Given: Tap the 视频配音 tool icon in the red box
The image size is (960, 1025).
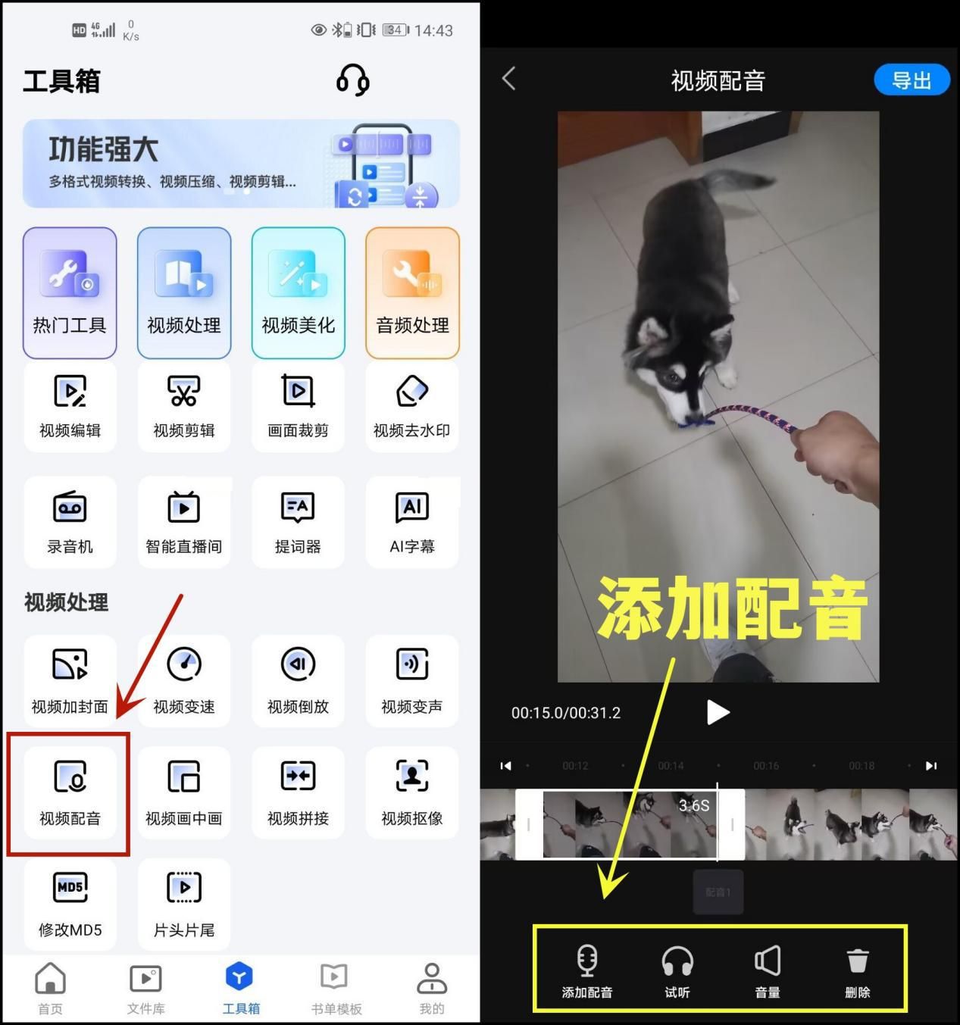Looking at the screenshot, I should [x=70, y=777].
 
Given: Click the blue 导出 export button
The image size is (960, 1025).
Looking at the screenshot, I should [x=912, y=80].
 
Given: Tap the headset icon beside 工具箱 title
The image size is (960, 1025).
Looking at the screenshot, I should [x=352, y=80].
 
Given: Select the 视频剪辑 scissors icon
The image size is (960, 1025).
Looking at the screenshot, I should [x=183, y=391].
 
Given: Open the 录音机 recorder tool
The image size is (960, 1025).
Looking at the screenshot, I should [x=70, y=508].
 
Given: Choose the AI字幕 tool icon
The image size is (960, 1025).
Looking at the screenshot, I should [x=411, y=508].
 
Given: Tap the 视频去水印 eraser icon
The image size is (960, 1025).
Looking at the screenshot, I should [x=411, y=391].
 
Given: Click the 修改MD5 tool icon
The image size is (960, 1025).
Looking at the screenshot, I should [x=70, y=888].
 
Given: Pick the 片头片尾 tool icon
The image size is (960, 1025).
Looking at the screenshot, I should [x=183, y=888].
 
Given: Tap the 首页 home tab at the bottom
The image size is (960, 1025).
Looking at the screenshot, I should [x=50, y=979].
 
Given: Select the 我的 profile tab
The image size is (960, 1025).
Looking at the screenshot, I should [x=431, y=979].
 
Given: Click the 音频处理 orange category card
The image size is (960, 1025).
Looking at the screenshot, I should [x=412, y=292].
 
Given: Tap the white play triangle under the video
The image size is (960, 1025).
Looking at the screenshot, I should [x=717, y=712].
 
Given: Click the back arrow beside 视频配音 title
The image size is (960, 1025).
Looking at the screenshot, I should [x=509, y=78].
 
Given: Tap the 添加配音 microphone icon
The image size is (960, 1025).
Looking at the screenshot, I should [x=587, y=961].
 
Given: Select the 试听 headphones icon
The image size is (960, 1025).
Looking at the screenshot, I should [x=677, y=961].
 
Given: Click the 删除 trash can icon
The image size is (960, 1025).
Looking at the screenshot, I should [x=857, y=961].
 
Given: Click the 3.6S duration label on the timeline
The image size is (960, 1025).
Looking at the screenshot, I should [x=694, y=805].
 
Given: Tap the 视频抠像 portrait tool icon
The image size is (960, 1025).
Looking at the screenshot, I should [x=411, y=776].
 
